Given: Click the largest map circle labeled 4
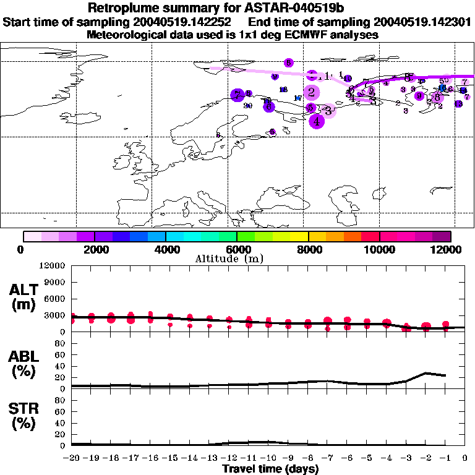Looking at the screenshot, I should (x=317, y=121).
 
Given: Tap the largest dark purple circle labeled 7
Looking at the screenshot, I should (x=237, y=95).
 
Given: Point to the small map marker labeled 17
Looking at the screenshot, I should (x=297, y=98).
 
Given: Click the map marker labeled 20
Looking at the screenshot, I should (x=248, y=106).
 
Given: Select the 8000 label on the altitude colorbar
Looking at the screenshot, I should (x=308, y=250).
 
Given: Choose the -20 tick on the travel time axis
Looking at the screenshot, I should (x=72, y=458).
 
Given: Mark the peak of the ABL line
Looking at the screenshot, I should (x=426, y=373).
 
